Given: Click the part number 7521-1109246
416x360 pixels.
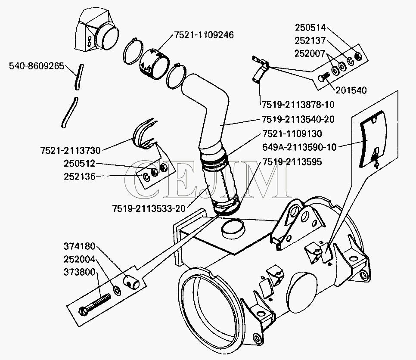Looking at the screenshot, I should pyautogui.click(x=204, y=35).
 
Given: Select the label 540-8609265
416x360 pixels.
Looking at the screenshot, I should pyautogui.click(x=37, y=66).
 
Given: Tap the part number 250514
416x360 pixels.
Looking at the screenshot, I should pyautogui.click(x=310, y=27).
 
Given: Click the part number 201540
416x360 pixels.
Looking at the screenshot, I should pyautogui.click(x=351, y=90).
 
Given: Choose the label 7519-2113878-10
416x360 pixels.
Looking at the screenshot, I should pyautogui.click(x=297, y=104).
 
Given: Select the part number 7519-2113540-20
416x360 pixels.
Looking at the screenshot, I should pyautogui.click(x=297, y=120).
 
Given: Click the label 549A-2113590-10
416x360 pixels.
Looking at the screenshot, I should pyautogui.click(x=299, y=147).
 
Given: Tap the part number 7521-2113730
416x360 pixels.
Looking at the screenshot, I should pyautogui.click(x=70, y=150).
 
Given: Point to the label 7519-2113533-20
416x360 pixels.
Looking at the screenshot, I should pyautogui.click(x=149, y=208).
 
